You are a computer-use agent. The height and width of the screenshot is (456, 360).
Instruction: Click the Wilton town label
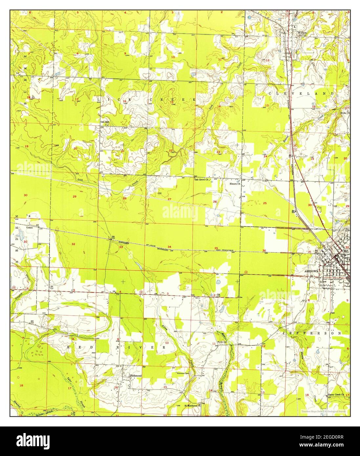pyautogui.click(x=302, y=33)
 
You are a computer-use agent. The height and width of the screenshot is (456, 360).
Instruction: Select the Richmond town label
pyautogui.click(x=136, y=376)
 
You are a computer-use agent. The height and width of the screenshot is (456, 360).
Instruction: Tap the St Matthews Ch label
pyautogui.click(x=192, y=405)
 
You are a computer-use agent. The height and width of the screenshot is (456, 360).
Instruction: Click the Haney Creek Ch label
pyautogui.click(x=335, y=395)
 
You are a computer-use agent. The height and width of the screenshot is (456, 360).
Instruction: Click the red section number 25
pyautogui.click(x=265, y=203)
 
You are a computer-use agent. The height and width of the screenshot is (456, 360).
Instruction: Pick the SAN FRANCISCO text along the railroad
pyautogui.click(x=225, y=250)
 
